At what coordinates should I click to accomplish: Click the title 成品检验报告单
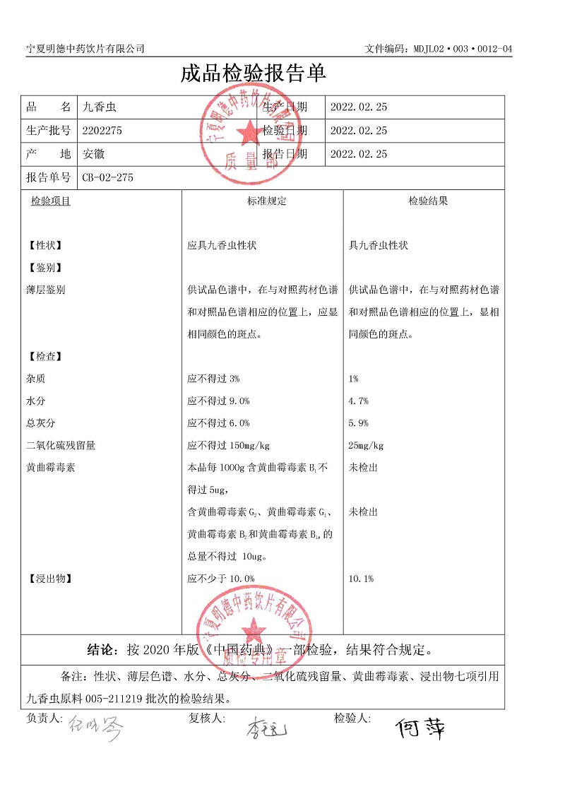click(253, 74)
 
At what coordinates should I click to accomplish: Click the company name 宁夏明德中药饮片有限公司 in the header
click(85, 48)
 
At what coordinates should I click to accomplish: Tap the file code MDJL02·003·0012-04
click(438, 48)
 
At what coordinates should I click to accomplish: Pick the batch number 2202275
click(102, 131)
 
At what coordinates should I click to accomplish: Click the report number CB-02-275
click(107, 177)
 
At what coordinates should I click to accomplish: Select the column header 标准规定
click(267, 201)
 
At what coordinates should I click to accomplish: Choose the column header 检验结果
click(428, 201)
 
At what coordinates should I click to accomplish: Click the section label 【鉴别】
click(44, 268)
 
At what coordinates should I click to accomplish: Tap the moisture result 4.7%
click(359, 401)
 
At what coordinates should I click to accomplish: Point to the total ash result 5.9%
click(359, 423)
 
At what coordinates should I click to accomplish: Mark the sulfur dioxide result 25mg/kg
click(367, 446)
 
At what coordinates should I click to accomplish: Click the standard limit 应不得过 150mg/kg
click(229, 446)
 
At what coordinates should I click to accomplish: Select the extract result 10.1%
click(361, 579)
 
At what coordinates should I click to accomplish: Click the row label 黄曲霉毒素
click(50, 468)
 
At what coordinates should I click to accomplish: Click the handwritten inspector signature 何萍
click(420, 728)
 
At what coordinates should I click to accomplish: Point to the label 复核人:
click(206, 718)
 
